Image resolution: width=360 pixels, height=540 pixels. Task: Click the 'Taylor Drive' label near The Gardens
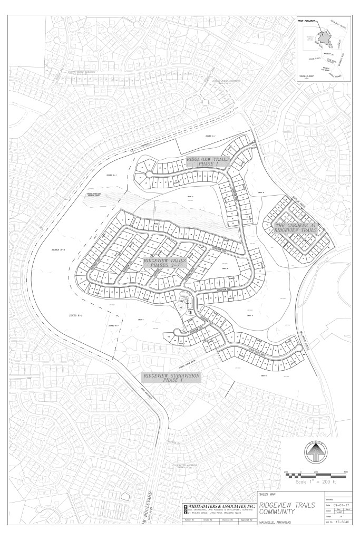[x=299, y=201]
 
